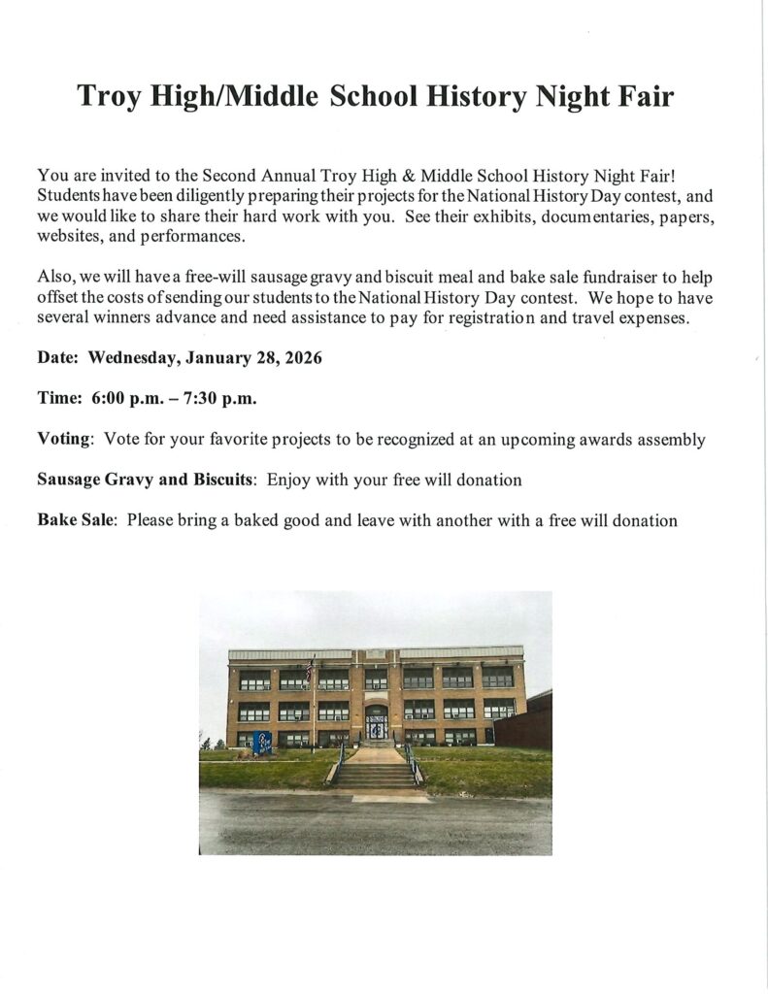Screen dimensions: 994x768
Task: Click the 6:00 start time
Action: [111, 399]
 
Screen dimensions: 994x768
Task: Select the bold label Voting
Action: [64, 440]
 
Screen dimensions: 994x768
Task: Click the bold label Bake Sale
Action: [77, 520]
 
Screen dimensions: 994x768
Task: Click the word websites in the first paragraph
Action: [69, 236]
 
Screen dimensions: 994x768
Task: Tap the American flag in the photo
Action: [310, 669]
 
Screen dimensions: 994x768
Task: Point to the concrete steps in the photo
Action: [377, 775]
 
